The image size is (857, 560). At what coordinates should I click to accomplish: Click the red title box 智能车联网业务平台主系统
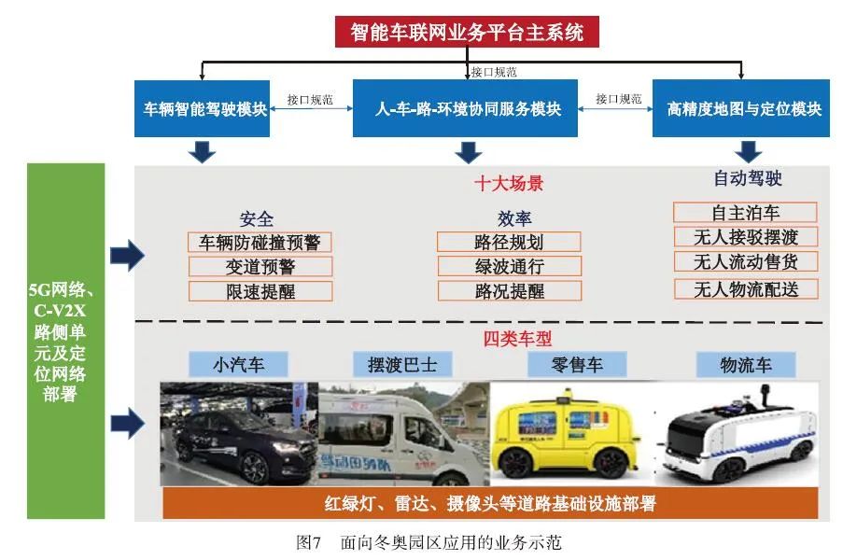click(467, 32)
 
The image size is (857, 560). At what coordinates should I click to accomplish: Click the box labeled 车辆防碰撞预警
click(260, 243)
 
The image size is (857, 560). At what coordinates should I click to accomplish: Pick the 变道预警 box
click(260, 267)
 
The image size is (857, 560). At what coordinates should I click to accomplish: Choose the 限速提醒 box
click(260, 291)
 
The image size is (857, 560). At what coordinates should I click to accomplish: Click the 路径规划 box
click(509, 243)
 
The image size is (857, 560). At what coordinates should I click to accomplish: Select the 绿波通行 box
click(509, 267)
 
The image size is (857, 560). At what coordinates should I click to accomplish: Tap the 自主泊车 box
click(744, 213)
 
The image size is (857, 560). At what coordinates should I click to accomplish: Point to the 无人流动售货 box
click(744, 262)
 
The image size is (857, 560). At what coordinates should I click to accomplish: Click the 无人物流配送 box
click(744, 288)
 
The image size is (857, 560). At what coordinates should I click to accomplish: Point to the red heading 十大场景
click(509, 184)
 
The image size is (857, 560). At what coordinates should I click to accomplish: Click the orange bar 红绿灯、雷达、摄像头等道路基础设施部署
click(489, 504)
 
